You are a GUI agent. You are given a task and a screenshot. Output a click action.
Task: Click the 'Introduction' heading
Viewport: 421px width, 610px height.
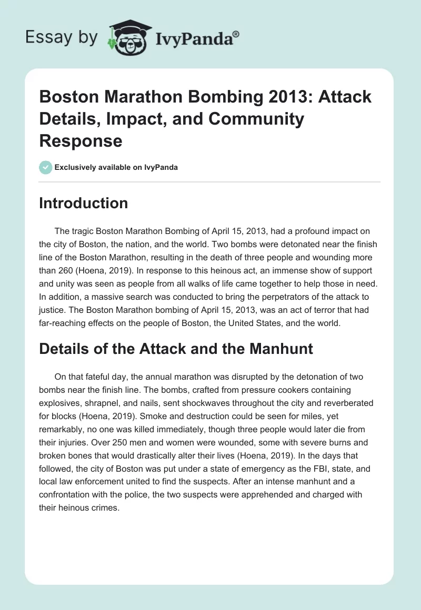(x=83, y=203)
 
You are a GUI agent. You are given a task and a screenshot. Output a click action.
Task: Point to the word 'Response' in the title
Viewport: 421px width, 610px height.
(x=81, y=140)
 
